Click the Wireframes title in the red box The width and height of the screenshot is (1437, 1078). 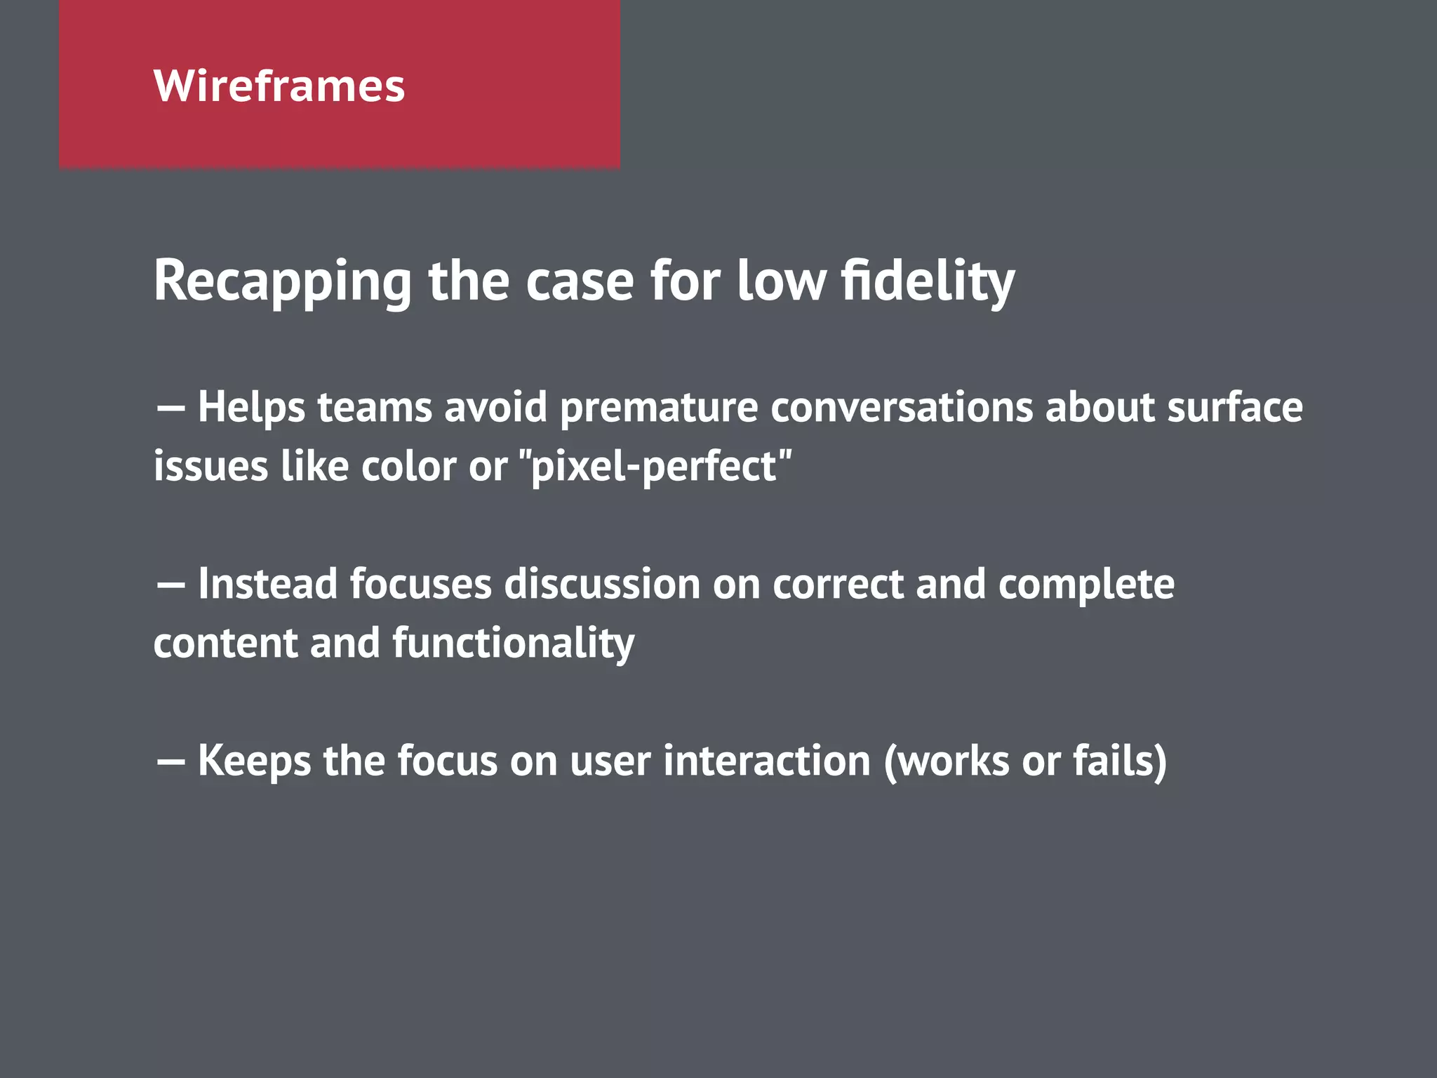click(279, 86)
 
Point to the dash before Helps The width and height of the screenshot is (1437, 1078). click(171, 408)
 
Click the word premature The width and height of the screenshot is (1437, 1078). click(658, 408)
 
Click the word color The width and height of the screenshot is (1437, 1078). click(408, 466)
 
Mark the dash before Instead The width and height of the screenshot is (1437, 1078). click(171, 585)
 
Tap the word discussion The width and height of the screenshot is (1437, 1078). click(602, 584)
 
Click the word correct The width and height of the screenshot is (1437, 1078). click(838, 585)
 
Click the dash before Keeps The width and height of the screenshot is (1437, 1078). click(171, 761)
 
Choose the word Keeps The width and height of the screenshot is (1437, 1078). click(254, 761)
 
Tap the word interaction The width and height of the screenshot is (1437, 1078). click(766, 761)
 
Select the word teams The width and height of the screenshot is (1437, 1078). click(375, 408)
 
